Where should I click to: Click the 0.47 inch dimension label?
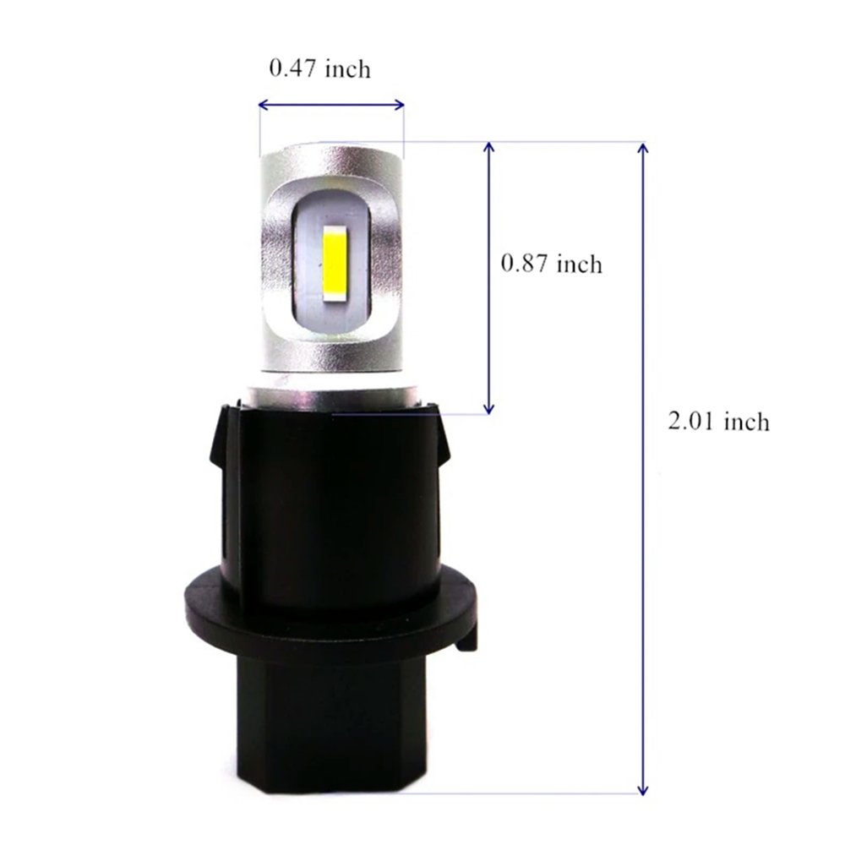319,68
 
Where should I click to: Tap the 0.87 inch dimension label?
552,264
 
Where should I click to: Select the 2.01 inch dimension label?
719,421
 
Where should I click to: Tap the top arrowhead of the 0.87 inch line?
488,148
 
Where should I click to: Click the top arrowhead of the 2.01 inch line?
644,148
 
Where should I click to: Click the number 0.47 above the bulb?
292,68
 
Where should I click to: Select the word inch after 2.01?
745,421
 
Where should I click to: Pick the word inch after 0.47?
346,68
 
